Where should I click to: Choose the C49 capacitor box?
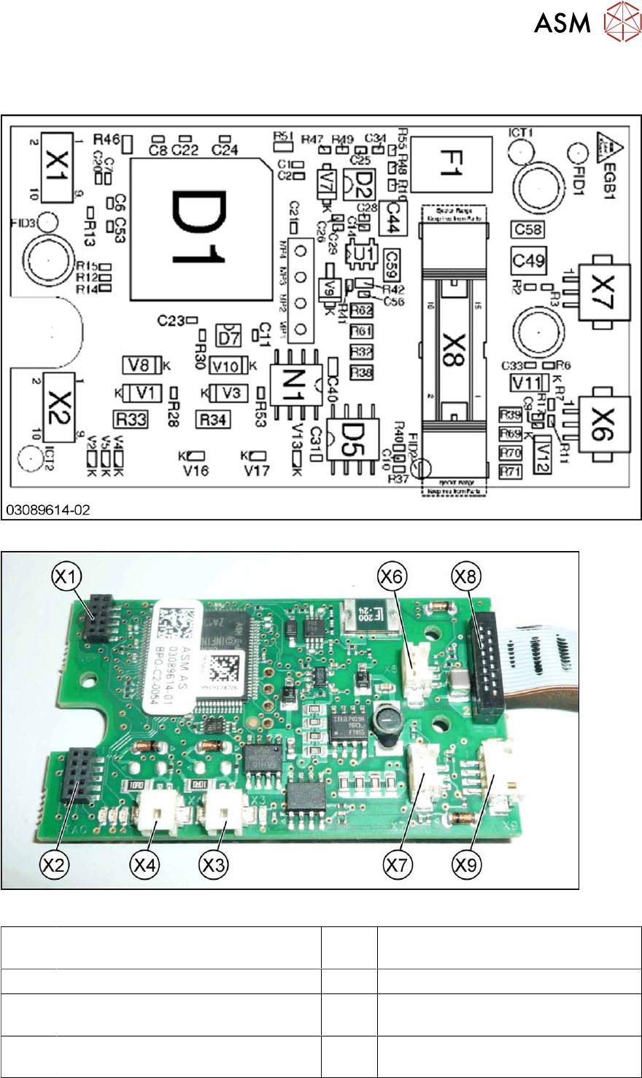coord(528,260)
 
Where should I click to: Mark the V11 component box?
coord(526,383)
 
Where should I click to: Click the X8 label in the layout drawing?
coord(450,349)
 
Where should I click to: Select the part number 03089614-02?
coord(48,510)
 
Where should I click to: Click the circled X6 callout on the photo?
coord(392,576)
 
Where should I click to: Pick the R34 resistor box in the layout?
coord(213,419)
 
